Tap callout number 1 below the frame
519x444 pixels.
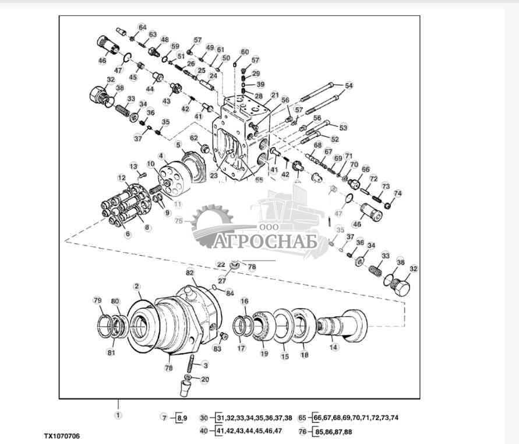118,415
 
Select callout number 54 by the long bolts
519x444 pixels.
349,86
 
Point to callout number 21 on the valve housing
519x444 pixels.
275,95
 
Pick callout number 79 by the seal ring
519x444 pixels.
97,300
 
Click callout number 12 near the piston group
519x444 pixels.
122,177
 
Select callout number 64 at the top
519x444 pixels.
142,27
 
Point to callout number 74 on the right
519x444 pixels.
398,194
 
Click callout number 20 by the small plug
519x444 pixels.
204,379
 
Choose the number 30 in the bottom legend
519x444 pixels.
203,418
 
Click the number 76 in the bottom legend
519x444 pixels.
302,432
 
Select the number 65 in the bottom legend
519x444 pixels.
302,418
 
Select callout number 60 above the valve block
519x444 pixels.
245,52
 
